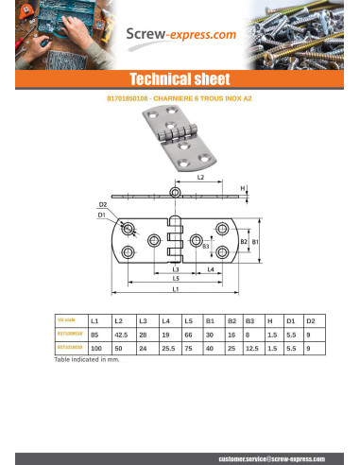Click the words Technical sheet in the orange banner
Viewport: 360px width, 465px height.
[x=180, y=78]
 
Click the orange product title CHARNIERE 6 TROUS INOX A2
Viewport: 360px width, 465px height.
[x=180, y=97]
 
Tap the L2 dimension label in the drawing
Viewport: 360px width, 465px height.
[x=200, y=178]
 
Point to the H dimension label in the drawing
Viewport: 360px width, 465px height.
[x=243, y=188]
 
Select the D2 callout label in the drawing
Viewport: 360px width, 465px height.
[x=102, y=204]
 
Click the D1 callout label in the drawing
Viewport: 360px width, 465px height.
[x=102, y=215]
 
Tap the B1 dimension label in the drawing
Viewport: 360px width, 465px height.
[x=255, y=241]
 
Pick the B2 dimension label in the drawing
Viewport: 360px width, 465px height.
[x=243, y=241]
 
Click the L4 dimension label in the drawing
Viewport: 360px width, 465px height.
[x=209, y=269]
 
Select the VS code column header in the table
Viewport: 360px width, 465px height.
[x=65, y=320]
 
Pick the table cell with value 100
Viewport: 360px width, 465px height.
[x=95, y=349]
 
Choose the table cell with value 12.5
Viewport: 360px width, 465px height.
[x=251, y=349]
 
